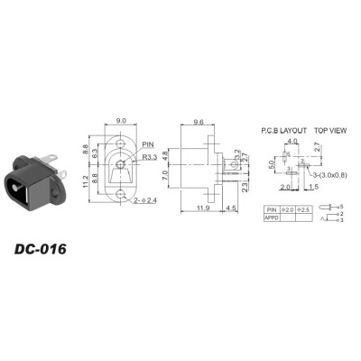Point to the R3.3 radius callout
click(150, 155)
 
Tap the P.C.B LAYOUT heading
click(279, 129)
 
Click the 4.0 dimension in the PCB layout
click(292, 142)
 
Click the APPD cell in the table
click(273, 218)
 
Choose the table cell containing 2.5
click(306, 209)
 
